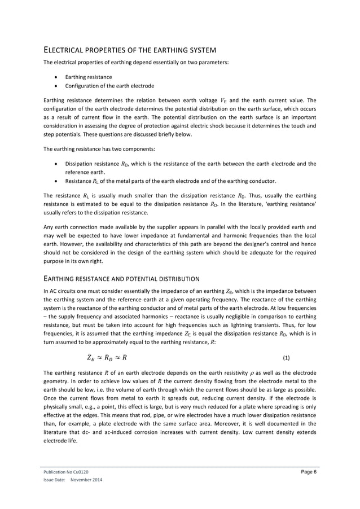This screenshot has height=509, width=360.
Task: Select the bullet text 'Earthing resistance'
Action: [x=89, y=77]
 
